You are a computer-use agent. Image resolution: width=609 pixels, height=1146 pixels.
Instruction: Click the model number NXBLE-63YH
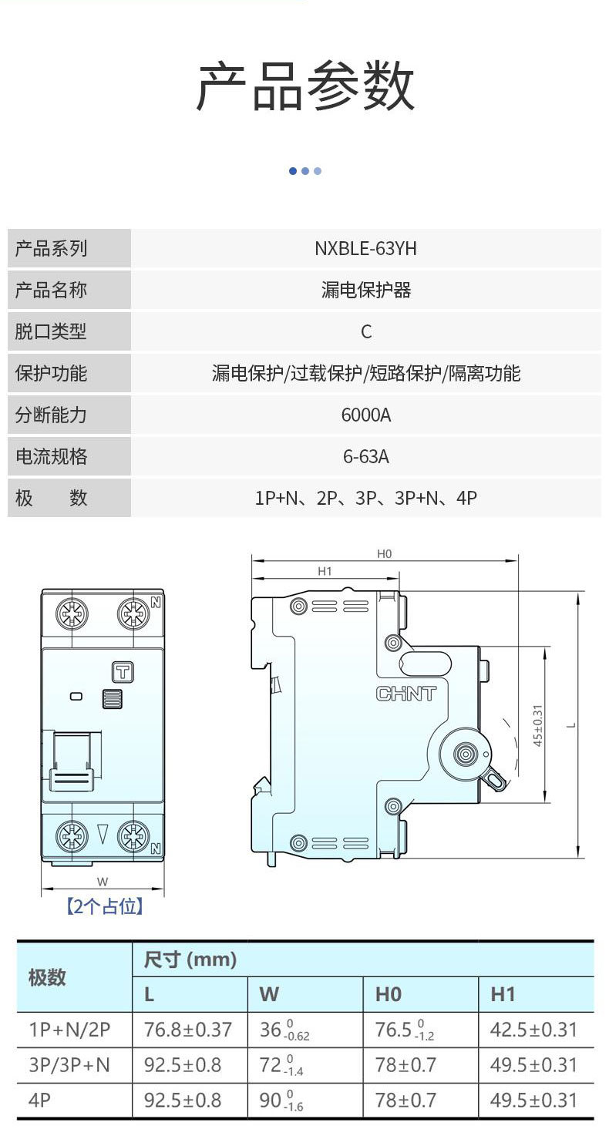[x=365, y=249]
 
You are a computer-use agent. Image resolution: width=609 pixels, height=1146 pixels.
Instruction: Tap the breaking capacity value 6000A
[x=365, y=415]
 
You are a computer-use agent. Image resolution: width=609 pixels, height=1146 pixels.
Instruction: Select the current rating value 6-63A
[x=365, y=457]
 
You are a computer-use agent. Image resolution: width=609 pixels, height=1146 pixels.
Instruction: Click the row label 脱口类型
[x=51, y=332]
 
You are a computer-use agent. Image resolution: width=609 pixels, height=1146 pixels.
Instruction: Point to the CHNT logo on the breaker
[x=405, y=694]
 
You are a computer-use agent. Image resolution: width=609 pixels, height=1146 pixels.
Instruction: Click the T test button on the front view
[x=122, y=671]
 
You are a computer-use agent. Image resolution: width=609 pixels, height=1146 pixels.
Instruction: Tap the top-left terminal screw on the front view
[x=72, y=614]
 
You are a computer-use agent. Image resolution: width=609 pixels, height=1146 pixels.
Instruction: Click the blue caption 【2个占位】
[x=104, y=907]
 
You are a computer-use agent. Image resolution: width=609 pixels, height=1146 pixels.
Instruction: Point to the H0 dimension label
[x=385, y=553]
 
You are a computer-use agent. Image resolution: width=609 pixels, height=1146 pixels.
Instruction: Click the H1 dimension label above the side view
[x=325, y=571]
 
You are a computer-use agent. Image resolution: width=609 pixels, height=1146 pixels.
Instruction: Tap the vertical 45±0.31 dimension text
[x=538, y=724]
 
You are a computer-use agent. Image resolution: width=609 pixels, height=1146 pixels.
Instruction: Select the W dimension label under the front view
[x=103, y=882]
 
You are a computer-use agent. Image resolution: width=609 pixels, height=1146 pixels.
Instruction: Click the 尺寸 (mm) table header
[x=190, y=960]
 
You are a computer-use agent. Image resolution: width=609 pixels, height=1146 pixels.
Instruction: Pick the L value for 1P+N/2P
[x=188, y=1030]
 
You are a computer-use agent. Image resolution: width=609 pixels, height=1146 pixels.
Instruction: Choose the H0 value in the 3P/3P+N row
[x=405, y=1065]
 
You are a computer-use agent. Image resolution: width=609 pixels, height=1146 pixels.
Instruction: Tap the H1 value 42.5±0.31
[x=533, y=1030]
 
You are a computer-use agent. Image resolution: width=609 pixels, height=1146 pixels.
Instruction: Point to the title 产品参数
[x=304, y=86]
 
